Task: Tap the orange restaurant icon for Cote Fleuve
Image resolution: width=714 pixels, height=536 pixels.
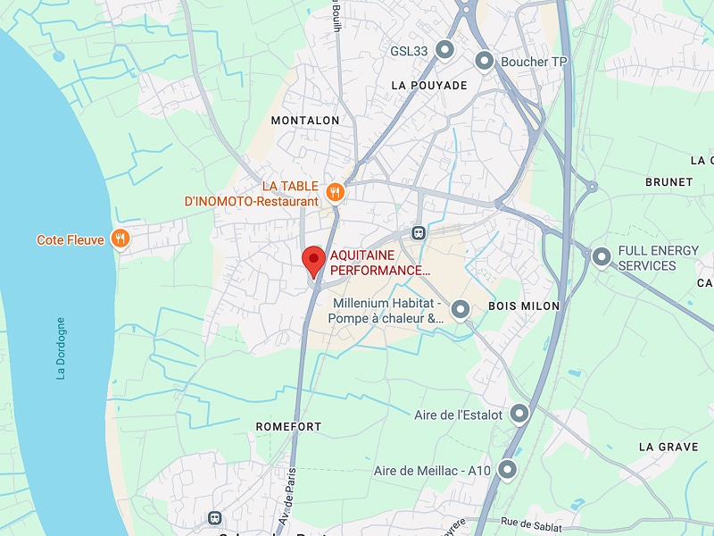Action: (x=120, y=239)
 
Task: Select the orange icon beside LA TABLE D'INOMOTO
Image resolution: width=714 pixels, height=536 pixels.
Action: (x=336, y=191)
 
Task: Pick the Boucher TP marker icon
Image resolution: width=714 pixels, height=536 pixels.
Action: (x=485, y=62)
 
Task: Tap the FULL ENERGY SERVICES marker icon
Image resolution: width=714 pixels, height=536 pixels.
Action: (x=602, y=257)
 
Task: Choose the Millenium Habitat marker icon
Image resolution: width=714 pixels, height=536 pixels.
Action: (x=461, y=309)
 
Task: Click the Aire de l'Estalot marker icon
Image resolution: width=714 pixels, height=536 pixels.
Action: (x=519, y=415)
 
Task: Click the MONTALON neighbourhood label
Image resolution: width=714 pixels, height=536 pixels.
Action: (x=305, y=120)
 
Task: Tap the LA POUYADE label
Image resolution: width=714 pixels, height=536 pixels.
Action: (x=429, y=86)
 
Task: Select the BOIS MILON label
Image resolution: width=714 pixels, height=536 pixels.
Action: (x=524, y=306)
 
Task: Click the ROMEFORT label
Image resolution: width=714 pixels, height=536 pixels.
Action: (x=288, y=427)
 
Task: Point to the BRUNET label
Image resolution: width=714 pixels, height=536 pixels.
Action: (x=668, y=181)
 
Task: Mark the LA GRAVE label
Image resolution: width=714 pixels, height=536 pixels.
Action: (x=668, y=447)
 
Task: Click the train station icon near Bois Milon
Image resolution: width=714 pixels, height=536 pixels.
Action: (x=418, y=232)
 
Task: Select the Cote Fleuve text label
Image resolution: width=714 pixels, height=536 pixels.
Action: (x=71, y=240)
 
